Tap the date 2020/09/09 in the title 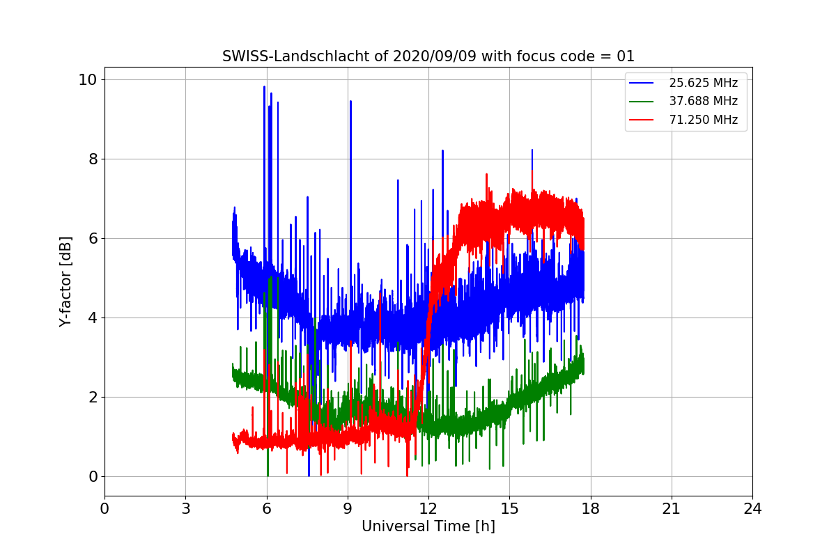(435, 56)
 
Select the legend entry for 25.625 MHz (704, 83)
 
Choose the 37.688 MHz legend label (704, 101)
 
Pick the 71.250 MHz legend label (704, 120)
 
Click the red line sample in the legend (641, 120)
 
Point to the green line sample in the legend (641, 102)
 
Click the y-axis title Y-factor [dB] (65, 282)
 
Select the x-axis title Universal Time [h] (428, 526)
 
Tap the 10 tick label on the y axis (87, 80)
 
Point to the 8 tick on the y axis (93, 159)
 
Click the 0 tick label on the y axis (93, 476)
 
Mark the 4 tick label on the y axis (93, 318)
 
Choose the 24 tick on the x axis (752, 509)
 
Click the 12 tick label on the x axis (428, 509)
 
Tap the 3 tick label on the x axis (186, 509)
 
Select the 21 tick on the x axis (672, 509)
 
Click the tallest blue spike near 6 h (264, 86)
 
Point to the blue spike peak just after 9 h (350, 101)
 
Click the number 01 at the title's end (626, 56)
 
